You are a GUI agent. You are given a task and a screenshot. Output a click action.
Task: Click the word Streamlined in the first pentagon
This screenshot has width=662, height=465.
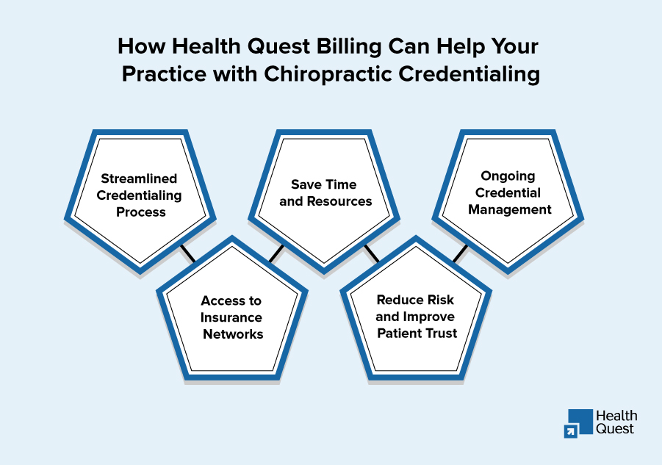click(x=140, y=179)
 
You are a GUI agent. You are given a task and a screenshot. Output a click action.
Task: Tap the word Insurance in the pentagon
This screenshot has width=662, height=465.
click(x=231, y=317)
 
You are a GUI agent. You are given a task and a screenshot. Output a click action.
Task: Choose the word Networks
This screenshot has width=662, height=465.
click(x=231, y=334)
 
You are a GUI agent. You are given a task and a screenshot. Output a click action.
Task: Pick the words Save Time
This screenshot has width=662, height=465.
click(x=323, y=184)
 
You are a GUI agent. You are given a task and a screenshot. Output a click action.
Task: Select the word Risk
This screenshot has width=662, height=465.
click(x=436, y=300)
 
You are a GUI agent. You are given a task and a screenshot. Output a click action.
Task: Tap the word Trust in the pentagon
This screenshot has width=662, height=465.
click(x=441, y=334)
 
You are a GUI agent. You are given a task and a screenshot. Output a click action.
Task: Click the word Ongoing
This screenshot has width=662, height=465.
click(x=508, y=176)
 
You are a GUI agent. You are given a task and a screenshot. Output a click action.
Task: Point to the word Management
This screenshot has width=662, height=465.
click(x=509, y=209)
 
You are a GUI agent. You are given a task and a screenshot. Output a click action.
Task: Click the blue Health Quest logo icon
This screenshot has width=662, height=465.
click(x=578, y=422)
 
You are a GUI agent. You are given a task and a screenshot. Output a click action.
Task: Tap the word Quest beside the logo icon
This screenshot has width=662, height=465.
click(x=615, y=429)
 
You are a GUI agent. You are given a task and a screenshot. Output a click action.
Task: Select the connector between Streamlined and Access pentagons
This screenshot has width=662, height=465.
click(x=187, y=253)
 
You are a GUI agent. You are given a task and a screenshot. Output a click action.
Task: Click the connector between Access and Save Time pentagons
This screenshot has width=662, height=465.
click(x=276, y=253)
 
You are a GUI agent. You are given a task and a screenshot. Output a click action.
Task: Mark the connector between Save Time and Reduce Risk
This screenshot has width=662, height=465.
click(x=371, y=253)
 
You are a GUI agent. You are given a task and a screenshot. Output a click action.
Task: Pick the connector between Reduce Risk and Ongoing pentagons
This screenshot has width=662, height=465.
click(x=460, y=253)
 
